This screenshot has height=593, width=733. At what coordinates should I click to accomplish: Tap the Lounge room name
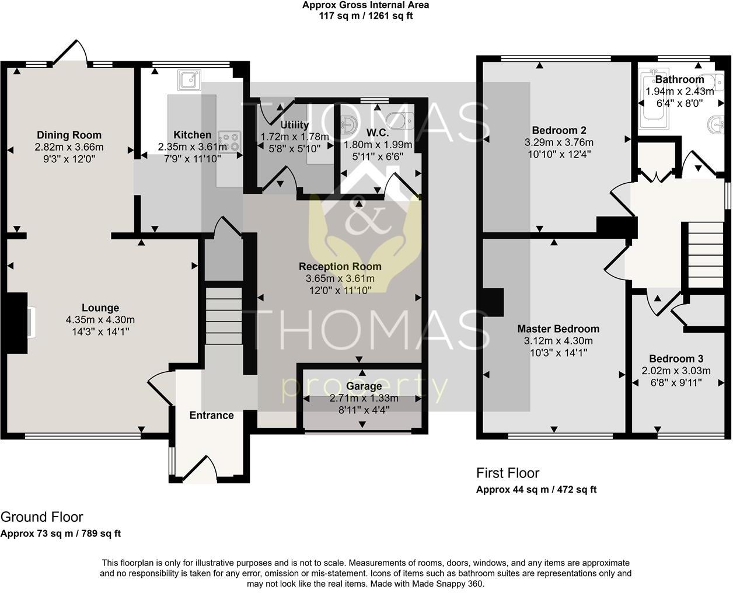click(100, 308)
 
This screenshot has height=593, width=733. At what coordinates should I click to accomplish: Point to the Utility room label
click(294, 125)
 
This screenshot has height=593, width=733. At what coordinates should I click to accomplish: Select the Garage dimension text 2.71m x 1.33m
click(364, 398)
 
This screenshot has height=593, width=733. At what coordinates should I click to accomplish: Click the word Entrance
click(211, 416)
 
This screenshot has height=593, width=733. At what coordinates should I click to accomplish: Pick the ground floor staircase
click(224, 315)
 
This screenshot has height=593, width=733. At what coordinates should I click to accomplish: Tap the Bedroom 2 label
click(559, 131)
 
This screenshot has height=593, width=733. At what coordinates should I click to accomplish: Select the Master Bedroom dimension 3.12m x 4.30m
click(558, 341)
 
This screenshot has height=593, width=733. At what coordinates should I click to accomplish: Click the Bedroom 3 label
click(676, 359)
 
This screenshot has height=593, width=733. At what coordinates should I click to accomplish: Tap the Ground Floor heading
click(42, 517)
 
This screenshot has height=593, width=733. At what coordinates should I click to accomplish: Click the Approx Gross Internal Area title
click(365, 5)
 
